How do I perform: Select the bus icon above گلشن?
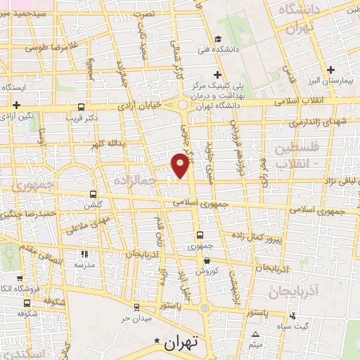94,194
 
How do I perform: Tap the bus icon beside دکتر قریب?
82,107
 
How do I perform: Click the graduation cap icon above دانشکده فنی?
218,39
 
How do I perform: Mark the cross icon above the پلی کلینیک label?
218,75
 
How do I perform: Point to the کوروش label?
204,270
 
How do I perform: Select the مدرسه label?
84,264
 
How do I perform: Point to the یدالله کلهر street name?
108,143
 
